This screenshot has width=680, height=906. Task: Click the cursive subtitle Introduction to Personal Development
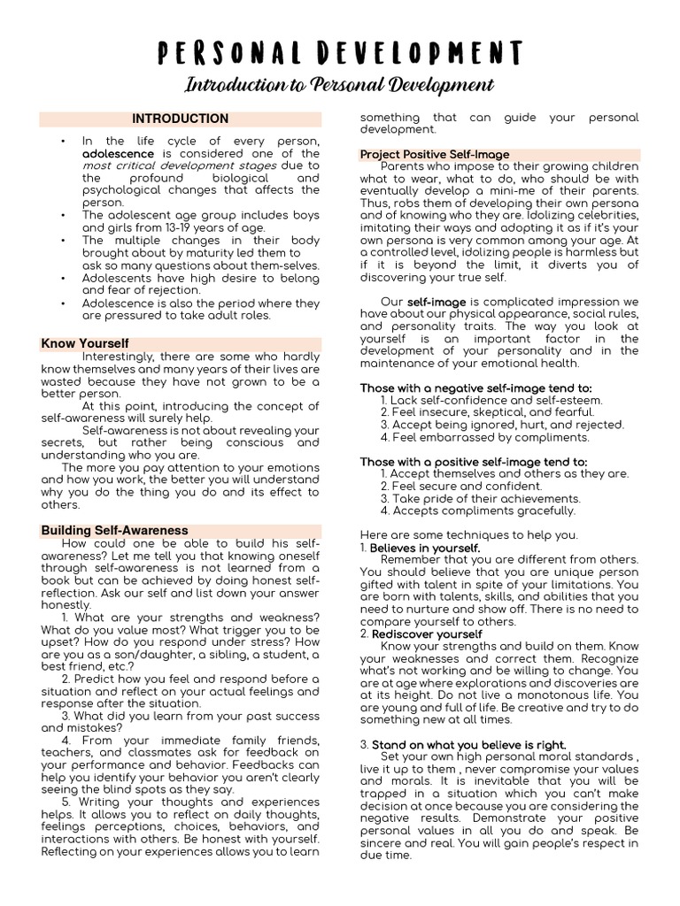tap(339, 86)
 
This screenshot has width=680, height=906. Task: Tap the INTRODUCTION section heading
tap(181, 119)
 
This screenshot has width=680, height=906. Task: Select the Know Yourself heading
tap(85, 343)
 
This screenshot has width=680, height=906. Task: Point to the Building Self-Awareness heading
tap(114, 530)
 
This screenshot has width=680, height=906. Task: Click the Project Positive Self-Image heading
tap(434, 154)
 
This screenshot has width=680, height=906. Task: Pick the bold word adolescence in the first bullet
tap(118, 153)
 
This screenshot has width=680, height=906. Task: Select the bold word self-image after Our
tap(436, 302)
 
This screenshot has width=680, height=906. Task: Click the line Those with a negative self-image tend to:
tap(475, 388)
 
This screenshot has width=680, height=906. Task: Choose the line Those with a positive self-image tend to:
tap(473, 461)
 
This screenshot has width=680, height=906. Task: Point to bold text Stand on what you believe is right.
tap(468, 745)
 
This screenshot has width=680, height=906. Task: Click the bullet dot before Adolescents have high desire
tap(64, 277)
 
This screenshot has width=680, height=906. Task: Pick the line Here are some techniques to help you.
tap(468, 534)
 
